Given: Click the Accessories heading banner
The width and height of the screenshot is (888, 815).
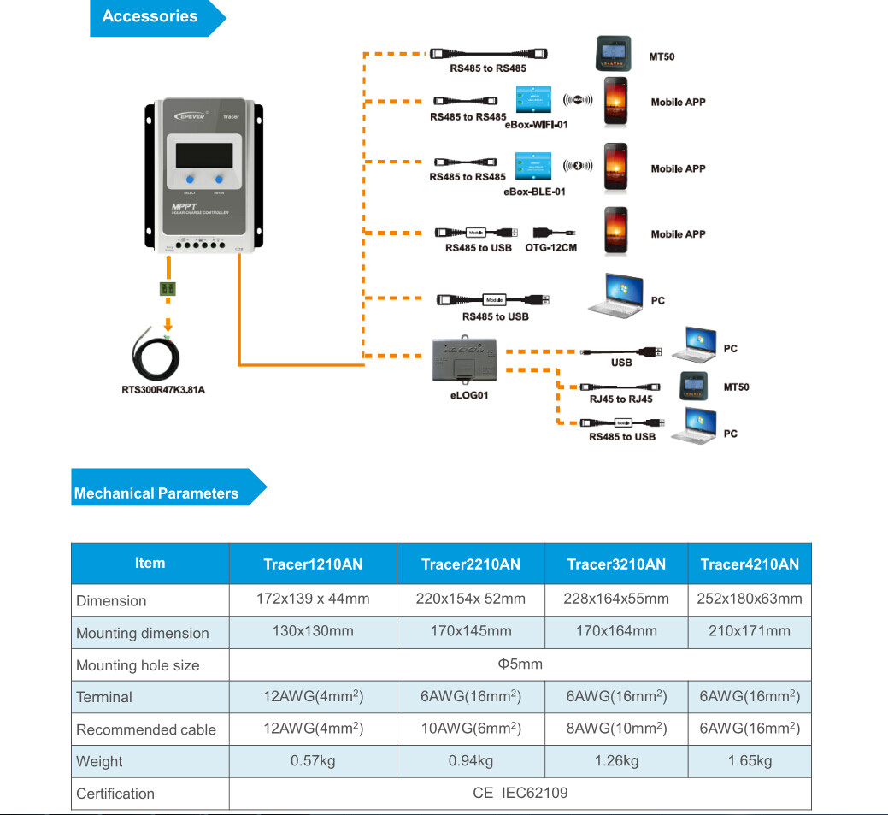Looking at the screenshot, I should point(150,17).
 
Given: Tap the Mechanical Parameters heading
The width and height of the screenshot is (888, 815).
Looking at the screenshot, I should point(157,493).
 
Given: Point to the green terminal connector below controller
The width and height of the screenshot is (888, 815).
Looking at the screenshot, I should point(168,289).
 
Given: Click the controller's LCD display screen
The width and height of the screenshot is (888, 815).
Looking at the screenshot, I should point(204,155).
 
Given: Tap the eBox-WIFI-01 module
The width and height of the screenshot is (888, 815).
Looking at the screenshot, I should point(534,100).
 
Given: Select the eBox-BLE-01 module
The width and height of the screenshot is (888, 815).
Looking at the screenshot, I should point(534,166).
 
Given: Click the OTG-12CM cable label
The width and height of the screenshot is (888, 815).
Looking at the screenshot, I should point(554,248).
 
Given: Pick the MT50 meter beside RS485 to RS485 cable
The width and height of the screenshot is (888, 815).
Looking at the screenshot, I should point(613,55).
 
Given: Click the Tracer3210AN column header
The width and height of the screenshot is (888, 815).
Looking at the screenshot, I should point(615,564).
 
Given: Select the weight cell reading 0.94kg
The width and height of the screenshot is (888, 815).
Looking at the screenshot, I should point(471,761).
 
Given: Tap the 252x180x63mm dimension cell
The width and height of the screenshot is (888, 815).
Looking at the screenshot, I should point(750,599).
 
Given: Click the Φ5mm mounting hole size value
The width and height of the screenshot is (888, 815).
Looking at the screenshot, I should point(520,664).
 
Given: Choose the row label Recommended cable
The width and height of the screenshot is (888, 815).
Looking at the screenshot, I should point(145,729).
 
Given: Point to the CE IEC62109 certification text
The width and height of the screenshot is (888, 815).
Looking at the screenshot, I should point(520,793).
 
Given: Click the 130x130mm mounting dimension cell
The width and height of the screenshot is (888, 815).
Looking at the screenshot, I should point(313,631).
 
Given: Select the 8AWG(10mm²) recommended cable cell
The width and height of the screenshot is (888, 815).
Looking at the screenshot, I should point(615,729).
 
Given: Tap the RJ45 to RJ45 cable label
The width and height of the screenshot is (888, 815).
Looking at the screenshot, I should point(620,399).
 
